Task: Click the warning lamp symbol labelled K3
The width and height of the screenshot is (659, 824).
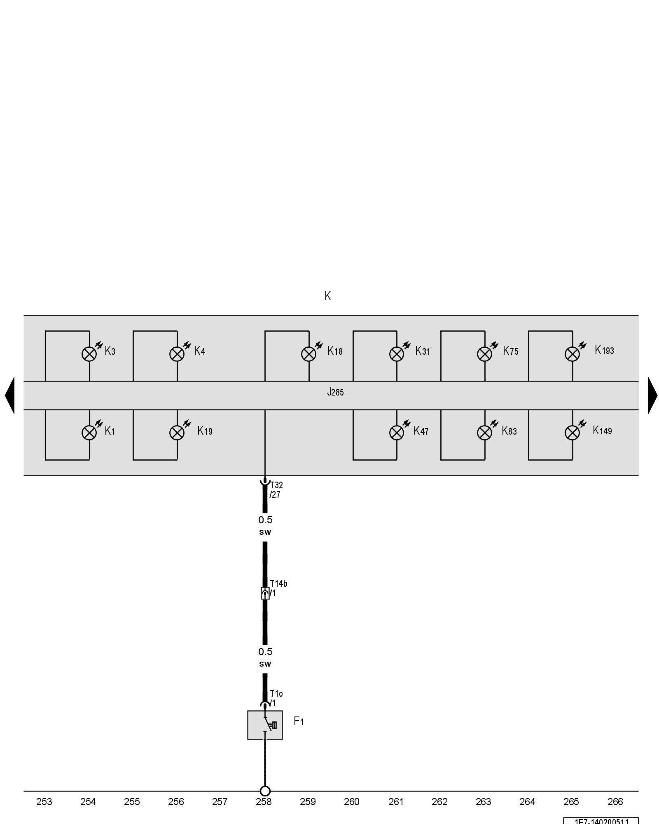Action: (89, 354)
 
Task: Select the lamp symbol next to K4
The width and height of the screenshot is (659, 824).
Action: (177, 354)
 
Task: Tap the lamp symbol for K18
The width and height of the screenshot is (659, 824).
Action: (309, 354)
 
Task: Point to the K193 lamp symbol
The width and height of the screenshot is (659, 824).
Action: (572, 354)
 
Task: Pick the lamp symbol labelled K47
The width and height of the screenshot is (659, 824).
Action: (397, 433)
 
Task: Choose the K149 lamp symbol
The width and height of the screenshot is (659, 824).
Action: (572, 433)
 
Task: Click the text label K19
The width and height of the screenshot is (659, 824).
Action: (205, 431)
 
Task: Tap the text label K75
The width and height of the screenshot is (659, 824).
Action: (510, 351)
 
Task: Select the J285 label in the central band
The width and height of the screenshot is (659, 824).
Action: (335, 392)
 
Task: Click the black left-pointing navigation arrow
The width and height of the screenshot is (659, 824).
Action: (10, 395)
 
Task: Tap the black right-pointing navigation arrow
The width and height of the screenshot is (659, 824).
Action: (652, 395)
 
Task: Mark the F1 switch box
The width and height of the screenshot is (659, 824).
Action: (265, 725)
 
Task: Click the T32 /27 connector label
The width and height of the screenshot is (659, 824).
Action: (276, 490)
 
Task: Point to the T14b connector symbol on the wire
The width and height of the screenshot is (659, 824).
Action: (265, 593)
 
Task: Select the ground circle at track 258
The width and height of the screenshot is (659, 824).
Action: (265, 791)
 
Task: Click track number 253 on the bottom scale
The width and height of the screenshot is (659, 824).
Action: (44, 802)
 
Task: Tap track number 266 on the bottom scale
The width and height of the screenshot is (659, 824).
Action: (615, 802)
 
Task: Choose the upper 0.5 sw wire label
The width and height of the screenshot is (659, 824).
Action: (265, 525)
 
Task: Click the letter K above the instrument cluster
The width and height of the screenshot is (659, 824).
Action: (327, 296)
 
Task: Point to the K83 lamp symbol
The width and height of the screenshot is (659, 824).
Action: (484, 433)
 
